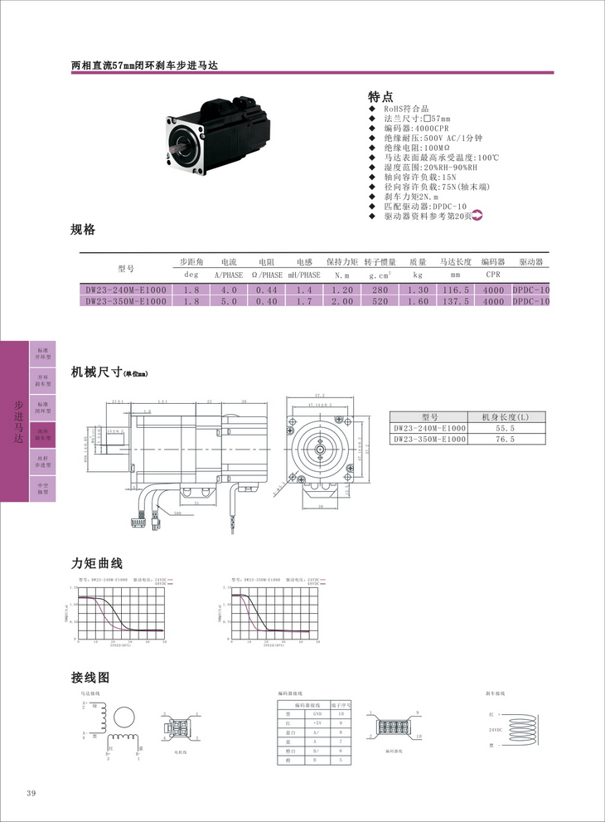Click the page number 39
[x=31, y=794]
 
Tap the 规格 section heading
[x=84, y=230]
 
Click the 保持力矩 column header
[x=341, y=262]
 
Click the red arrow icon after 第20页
[x=477, y=216]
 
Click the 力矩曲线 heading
[x=97, y=564]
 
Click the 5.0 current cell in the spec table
[x=229, y=302]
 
